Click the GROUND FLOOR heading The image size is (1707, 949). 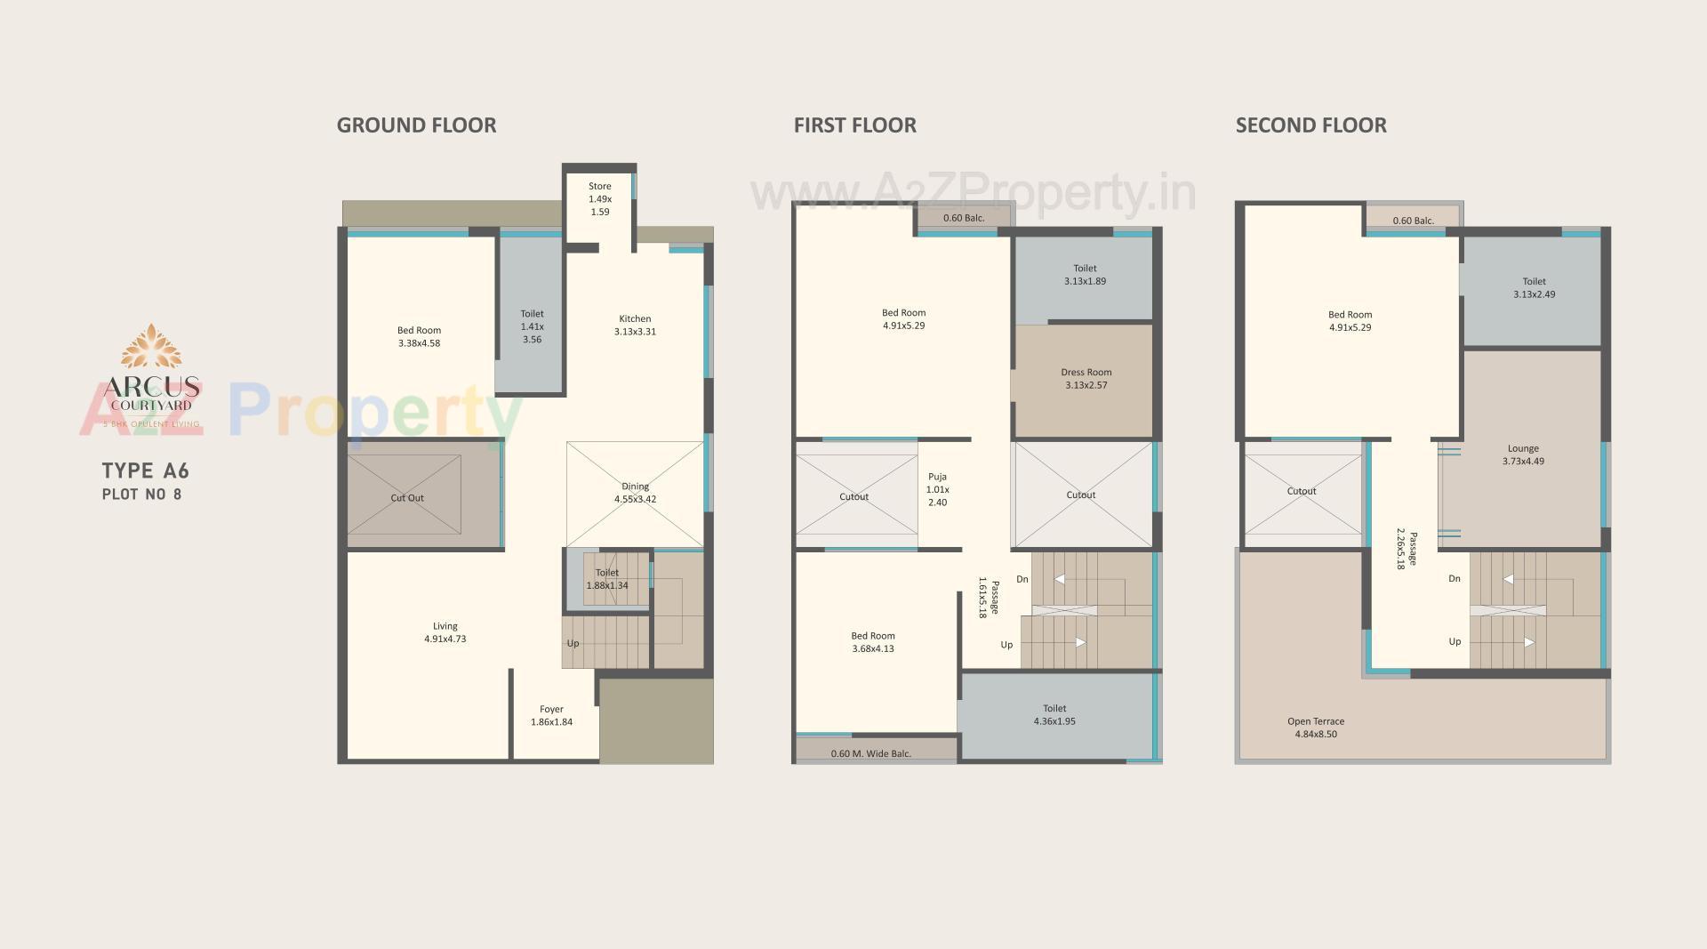tap(416, 125)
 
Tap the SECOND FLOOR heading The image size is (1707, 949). tap(1310, 125)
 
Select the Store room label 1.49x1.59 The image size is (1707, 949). tap(600, 199)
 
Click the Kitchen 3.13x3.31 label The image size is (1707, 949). tap(635, 326)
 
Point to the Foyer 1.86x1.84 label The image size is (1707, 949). tap(551, 716)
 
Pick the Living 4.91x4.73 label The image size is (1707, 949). tap(445, 632)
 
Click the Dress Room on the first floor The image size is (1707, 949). tap(1086, 379)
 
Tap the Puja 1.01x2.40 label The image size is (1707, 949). tap(937, 489)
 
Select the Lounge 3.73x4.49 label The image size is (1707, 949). tap(1523, 455)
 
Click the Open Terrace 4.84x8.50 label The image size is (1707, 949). tap(1316, 728)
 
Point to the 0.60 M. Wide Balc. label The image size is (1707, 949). tap(870, 754)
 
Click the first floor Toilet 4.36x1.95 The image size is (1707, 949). tap(1054, 715)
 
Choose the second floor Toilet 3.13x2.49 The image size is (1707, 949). tap(1534, 287)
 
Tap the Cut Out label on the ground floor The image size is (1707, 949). tap(407, 498)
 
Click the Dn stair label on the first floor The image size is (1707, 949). tap(1022, 579)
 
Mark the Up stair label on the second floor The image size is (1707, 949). tap(1455, 641)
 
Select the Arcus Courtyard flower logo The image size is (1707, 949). tap(151, 347)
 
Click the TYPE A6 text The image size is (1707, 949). tap(146, 471)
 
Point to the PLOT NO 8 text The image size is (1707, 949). tap(142, 495)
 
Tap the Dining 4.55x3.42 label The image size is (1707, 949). tap(635, 493)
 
